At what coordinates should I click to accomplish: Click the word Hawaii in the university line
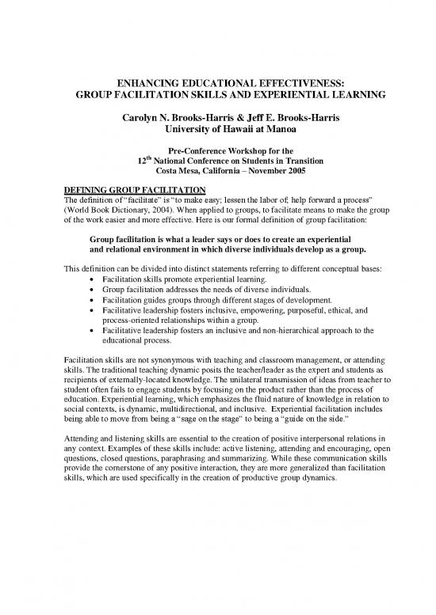[x=224, y=130]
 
